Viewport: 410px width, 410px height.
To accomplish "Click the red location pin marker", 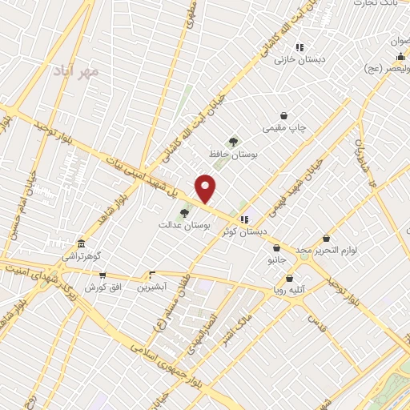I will pyautogui.click(x=206, y=188).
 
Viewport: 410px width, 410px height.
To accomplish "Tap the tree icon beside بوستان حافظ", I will pyautogui.click(x=233, y=142).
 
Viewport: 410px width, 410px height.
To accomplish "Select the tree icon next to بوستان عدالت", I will pyautogui.click(x=185, y=213).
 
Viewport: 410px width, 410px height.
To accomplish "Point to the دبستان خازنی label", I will pyautogui.click(x=297, y=59).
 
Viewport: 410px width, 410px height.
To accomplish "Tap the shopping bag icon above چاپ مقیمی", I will pyautogui.click(x=283, y=116).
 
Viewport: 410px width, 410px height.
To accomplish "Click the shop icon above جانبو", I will pyautogui.click(x=276, y=248).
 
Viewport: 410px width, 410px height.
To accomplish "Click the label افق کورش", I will pyautogui.click(x=102, y=286).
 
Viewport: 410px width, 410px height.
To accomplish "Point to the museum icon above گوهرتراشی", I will pyautogui.click(x=80, y=244).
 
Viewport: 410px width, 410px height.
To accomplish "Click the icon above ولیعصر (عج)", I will pyautogui.click(x=400, y=56).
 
